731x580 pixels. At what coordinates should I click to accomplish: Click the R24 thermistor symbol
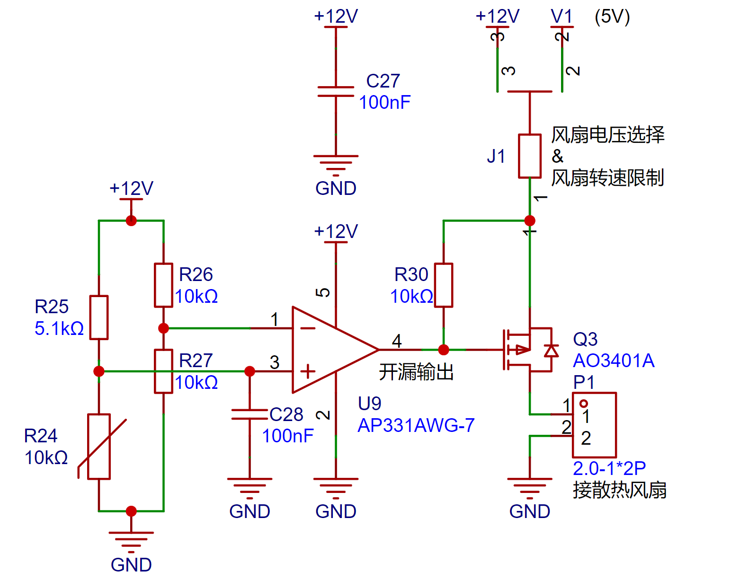point(99,446)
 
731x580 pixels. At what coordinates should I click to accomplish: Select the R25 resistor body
point(99,317)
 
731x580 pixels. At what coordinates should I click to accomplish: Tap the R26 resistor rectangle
point(163,285)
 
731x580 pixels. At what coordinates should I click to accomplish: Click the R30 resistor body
point(443,285)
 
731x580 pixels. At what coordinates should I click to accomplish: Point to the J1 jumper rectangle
point(530,156)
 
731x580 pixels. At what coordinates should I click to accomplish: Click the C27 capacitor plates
point(336,91)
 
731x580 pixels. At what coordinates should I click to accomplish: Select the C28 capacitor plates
point(250,414)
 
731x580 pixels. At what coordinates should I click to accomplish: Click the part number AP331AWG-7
point(416,425)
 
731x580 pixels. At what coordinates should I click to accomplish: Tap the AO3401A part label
point(614,360)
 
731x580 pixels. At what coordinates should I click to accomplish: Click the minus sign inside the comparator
point(308,328)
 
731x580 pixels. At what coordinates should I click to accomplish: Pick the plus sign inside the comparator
point(308,371)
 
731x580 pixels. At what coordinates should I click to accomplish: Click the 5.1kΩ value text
point(59,328)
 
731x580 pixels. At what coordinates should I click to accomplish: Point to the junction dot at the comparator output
point(443,350)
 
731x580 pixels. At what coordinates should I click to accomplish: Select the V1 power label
point(562,16)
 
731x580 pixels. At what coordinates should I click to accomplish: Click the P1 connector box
point(594,425)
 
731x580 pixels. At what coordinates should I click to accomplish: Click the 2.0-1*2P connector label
point(609,468)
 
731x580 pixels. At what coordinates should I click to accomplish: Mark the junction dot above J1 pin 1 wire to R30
point(530,220)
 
